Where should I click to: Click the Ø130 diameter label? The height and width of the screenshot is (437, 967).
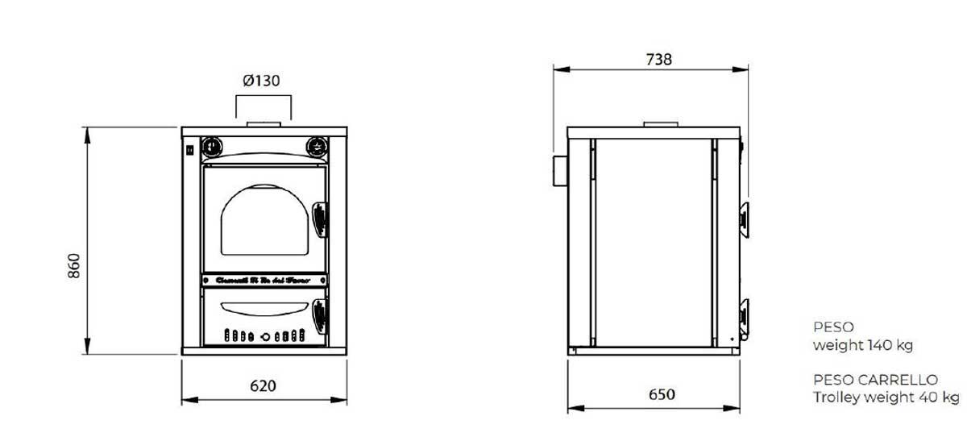(262, 81)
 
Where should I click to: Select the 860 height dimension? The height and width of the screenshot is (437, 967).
(74, 265)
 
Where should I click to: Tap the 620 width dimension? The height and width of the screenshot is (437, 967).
(263, 385)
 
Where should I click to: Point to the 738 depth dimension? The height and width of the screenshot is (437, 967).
(658, 59)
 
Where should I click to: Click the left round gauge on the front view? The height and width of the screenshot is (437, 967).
(211, 146)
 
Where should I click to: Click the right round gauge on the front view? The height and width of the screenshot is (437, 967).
(317, 146)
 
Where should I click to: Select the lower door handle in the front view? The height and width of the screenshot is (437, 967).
(320, 314)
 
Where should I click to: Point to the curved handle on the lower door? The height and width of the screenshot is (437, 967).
(264, 306)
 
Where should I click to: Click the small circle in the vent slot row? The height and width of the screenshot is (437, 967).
(252, 335)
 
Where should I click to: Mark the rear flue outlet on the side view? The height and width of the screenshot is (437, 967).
(558, 173)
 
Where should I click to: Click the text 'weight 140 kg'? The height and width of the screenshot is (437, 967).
(862, 346)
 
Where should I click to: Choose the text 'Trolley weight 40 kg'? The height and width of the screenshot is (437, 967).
(886, 397)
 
